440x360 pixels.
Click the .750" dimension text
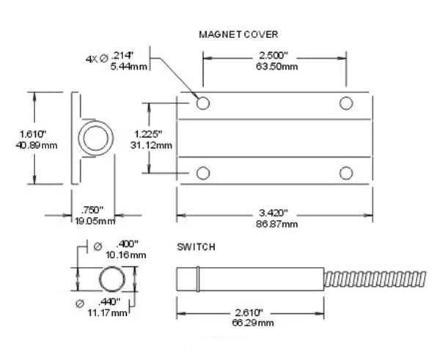click(95, 210)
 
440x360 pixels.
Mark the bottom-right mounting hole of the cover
click(345, 172)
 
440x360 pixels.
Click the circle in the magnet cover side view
click(97, 139)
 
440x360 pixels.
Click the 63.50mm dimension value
click(273, 67)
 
